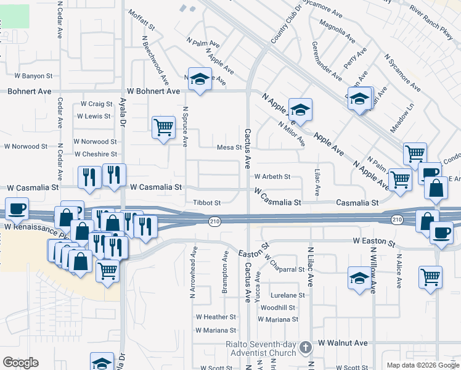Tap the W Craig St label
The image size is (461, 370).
pos(96,104)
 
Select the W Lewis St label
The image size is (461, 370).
pos(93,116)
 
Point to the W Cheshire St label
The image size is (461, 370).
pos(95,154)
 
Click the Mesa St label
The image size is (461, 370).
pos(228,147)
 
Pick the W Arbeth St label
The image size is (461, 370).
pos(272,176)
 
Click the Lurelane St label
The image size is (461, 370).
pos(285,295)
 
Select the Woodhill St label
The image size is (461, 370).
pos(278,308)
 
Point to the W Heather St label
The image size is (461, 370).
pos(216,317)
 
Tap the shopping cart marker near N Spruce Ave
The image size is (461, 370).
pos(163,127)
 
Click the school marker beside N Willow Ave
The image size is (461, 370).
pos(359,277)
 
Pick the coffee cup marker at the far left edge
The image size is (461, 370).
pos(17,208)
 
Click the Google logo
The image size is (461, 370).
pos(20,363)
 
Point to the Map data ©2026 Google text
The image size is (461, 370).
pos(422,364)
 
